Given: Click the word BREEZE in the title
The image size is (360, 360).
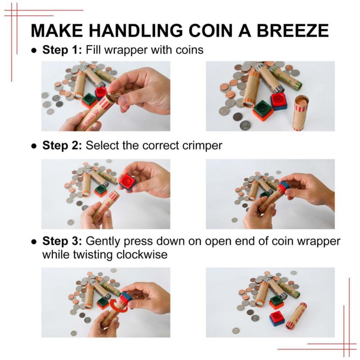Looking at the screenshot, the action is click(x=293, y=31).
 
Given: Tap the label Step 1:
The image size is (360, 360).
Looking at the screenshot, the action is click(x=62, y=50).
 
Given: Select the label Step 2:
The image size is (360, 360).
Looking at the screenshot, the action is click(x=62, y=145).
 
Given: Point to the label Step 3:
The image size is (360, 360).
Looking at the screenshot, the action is click(x=62, y=241).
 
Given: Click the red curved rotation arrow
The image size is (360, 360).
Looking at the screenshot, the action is click(x=118, y=306).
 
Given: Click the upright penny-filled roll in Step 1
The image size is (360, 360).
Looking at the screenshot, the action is click(x=301, y=112).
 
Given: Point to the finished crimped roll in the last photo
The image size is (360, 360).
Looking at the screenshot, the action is click(x=296, y=316).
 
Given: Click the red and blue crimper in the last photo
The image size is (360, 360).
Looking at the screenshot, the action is click(x=277, y=319).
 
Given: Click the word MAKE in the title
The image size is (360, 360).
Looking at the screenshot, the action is click(x=57, y=31).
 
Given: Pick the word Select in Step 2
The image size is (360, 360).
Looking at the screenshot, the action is click(x=102, y=145).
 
